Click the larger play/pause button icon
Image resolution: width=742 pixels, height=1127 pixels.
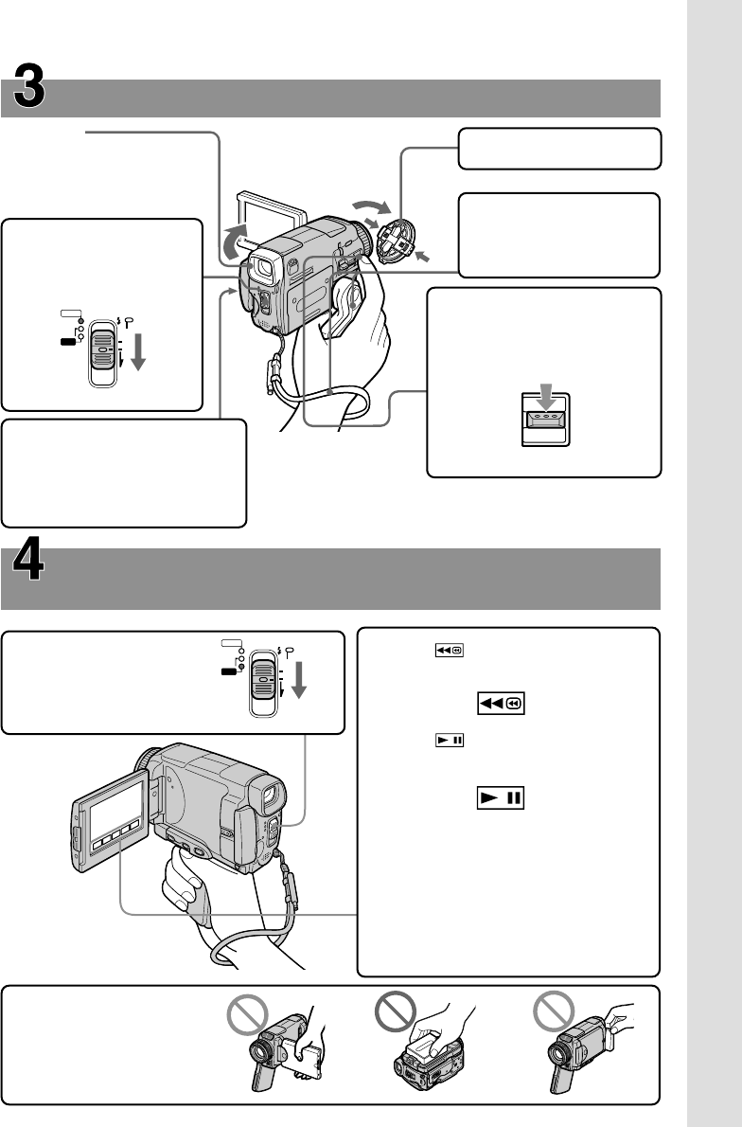(501, 800)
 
